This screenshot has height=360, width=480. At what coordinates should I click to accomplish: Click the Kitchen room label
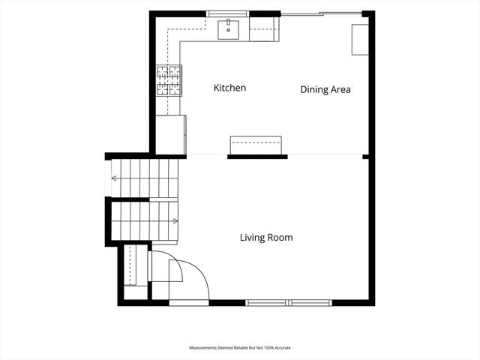229,88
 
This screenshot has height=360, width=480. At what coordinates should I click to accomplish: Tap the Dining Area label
325,89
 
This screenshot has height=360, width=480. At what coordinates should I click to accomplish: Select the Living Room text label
266,238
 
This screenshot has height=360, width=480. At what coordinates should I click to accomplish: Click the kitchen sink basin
228,30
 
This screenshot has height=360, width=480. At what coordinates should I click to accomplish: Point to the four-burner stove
169,81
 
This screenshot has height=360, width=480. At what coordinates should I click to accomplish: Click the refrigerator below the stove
171,135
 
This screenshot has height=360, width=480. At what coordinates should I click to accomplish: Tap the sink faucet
228,22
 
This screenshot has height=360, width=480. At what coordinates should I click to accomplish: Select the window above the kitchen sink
227,13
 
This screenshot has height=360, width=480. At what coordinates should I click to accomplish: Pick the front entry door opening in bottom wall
189,303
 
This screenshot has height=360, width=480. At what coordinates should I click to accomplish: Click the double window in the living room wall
289,303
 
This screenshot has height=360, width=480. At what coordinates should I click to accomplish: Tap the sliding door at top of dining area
322,13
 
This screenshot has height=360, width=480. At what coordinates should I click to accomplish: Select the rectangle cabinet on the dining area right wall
360,40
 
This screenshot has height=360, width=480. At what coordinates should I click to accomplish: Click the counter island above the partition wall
256,145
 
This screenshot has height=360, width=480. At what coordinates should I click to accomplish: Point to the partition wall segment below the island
257,157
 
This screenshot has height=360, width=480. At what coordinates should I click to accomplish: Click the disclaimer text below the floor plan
240,348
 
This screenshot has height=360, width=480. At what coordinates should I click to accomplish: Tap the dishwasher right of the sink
264,29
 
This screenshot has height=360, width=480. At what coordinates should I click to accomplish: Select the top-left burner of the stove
163,72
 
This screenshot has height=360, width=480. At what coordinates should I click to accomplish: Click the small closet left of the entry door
135,271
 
